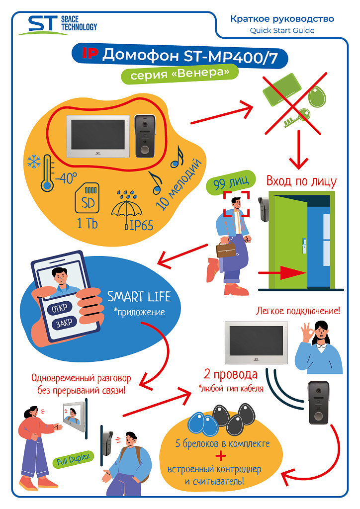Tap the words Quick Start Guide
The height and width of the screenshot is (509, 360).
pos(281,30)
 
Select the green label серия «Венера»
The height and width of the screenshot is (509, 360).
pos(180,75)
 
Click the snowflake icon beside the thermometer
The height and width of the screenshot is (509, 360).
pos(34,162)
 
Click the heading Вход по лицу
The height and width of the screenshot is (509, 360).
pos(301,181)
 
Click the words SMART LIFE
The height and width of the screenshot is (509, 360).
pos(139,297)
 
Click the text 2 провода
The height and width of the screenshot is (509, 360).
pos(231,374)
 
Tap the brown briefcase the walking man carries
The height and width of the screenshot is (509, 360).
pos(225,250)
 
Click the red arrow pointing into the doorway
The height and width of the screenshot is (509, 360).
pos(283,273)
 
